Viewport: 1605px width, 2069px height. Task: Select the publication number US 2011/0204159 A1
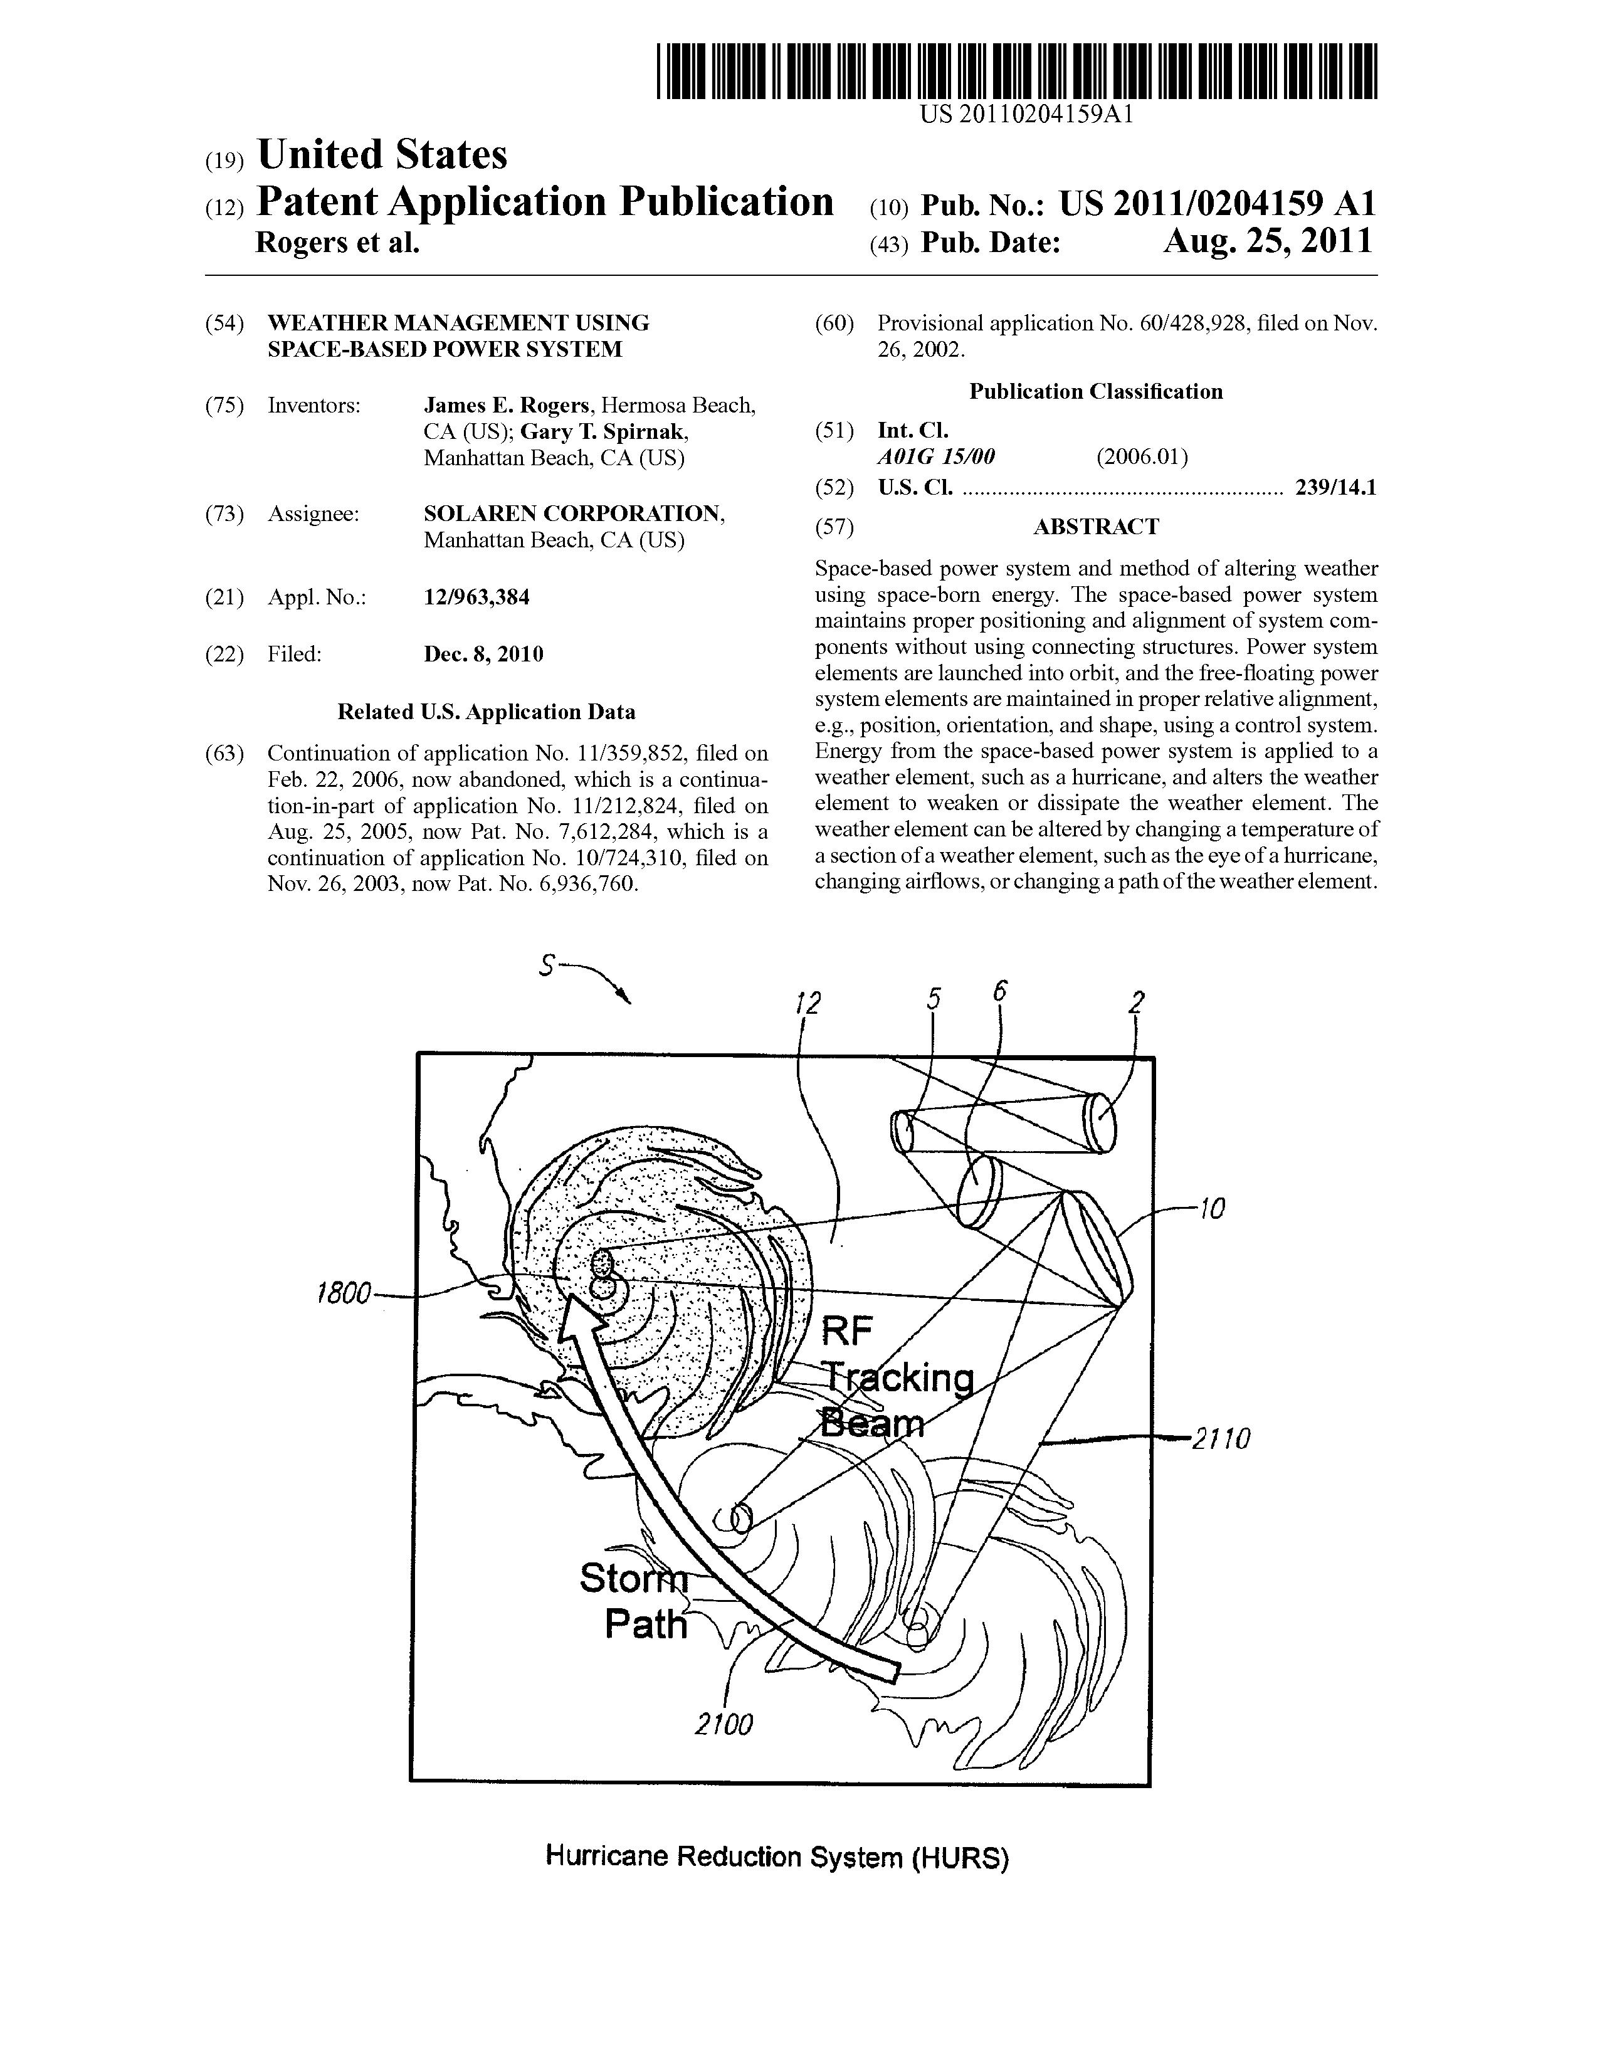(x=1216, y=204)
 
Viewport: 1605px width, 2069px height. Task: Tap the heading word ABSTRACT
(x=1095, y=527)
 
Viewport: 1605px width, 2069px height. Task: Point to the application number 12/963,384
(x=476, y=597)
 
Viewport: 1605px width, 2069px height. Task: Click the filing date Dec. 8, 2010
(x=483, y=654)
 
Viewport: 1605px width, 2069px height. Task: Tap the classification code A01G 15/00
(x=936, y=456)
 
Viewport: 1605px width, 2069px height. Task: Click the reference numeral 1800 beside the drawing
(x=342, y=1293)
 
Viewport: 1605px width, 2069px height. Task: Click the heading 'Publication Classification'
(x=1095, y=391)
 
